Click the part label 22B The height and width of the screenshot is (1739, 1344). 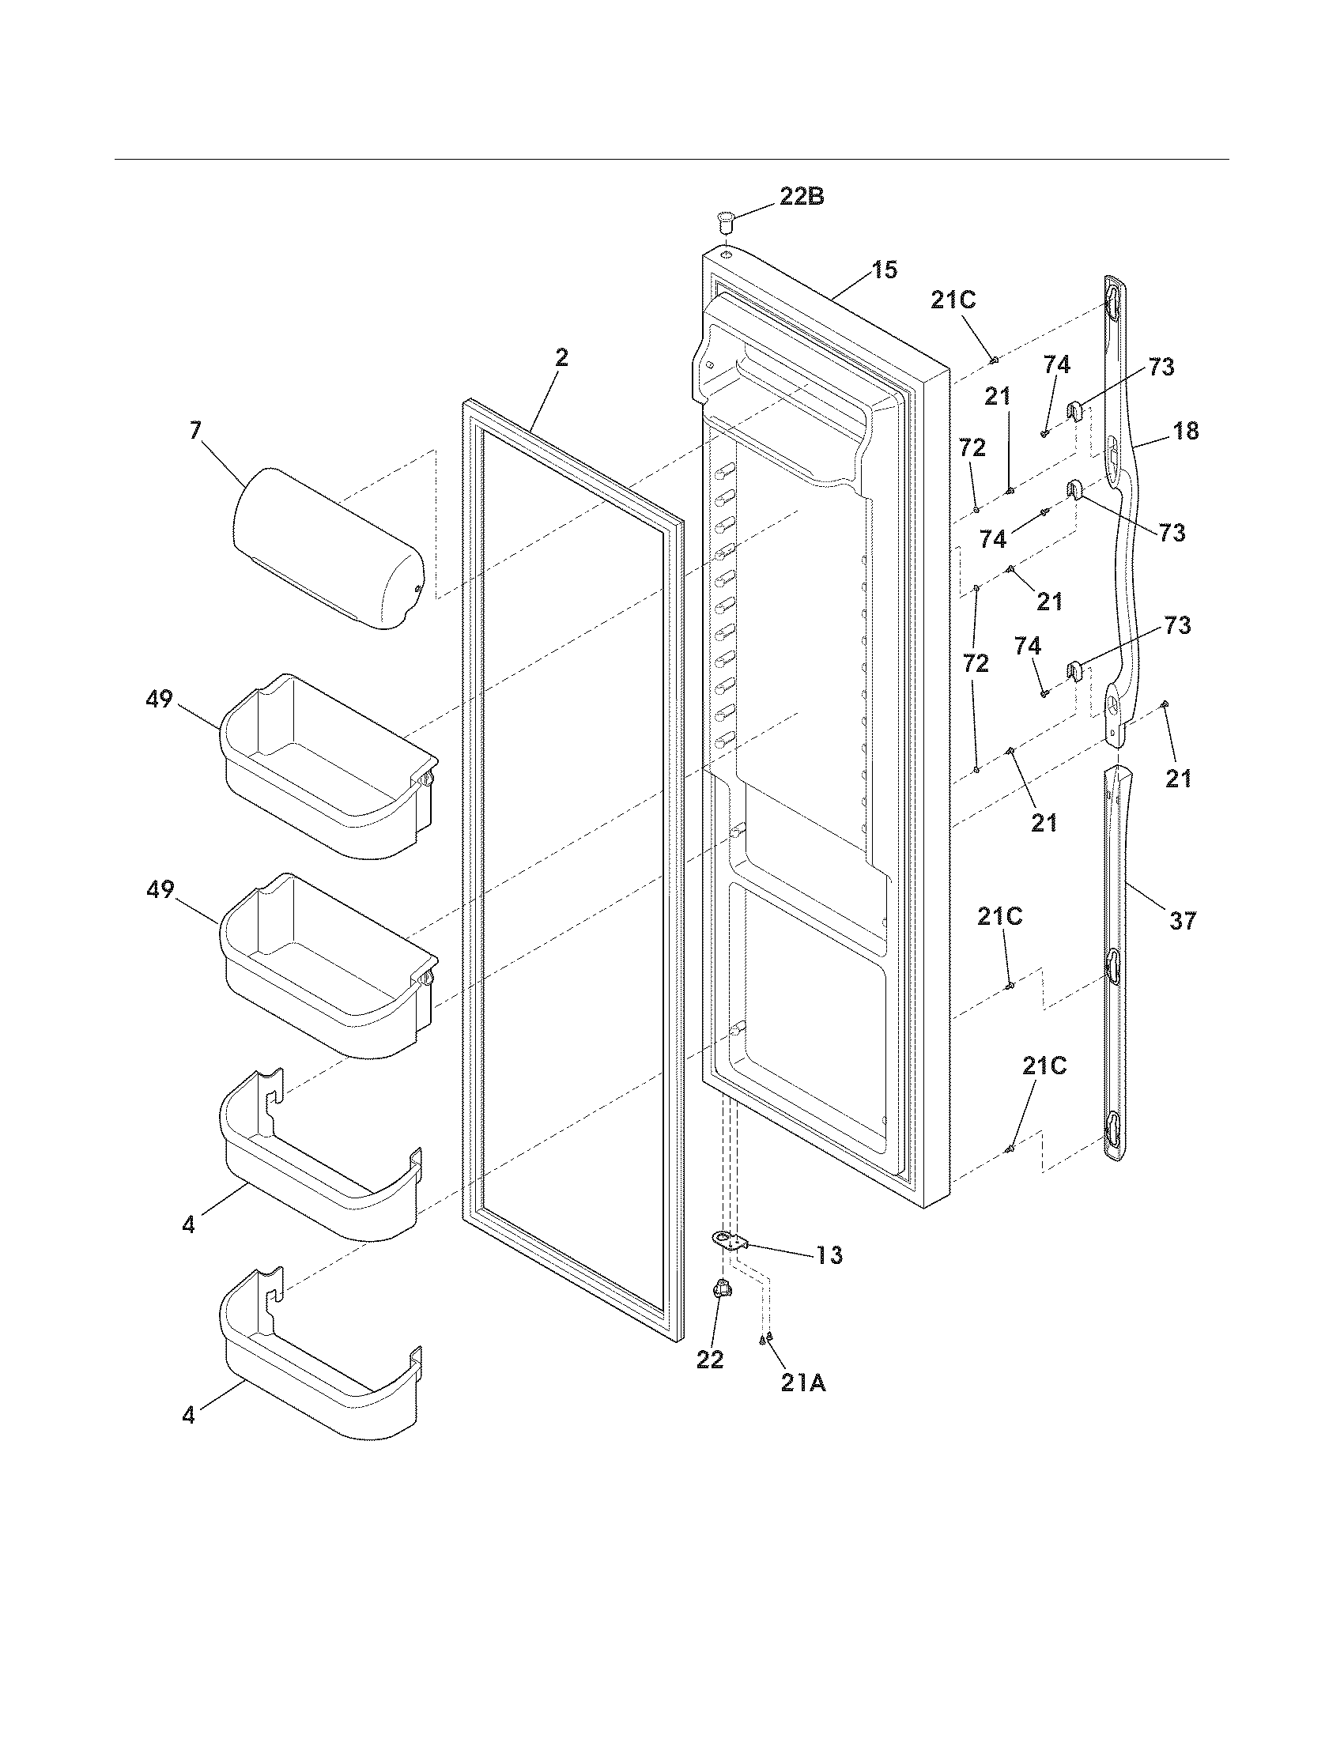[801, 197]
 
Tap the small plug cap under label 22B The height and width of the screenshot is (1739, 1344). [725, 219]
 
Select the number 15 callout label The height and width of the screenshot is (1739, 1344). [883, 270]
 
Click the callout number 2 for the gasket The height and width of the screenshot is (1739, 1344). [561, 358]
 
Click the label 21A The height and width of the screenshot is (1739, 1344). [802, 1384]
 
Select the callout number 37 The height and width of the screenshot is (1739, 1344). [1183, 921]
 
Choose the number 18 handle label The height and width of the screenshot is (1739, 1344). [1186, 431]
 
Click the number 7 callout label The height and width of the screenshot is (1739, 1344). [195, 431]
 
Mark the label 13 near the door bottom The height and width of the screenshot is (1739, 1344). [829, 1255]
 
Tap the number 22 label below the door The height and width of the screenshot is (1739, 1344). [709, 1360]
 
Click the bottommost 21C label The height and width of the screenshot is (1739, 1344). [1044, 1066]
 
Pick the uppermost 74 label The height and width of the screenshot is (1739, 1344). [1056, 364]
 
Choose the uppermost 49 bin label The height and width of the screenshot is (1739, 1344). [159, 700]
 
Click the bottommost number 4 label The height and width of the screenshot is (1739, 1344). [188, 1415]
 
